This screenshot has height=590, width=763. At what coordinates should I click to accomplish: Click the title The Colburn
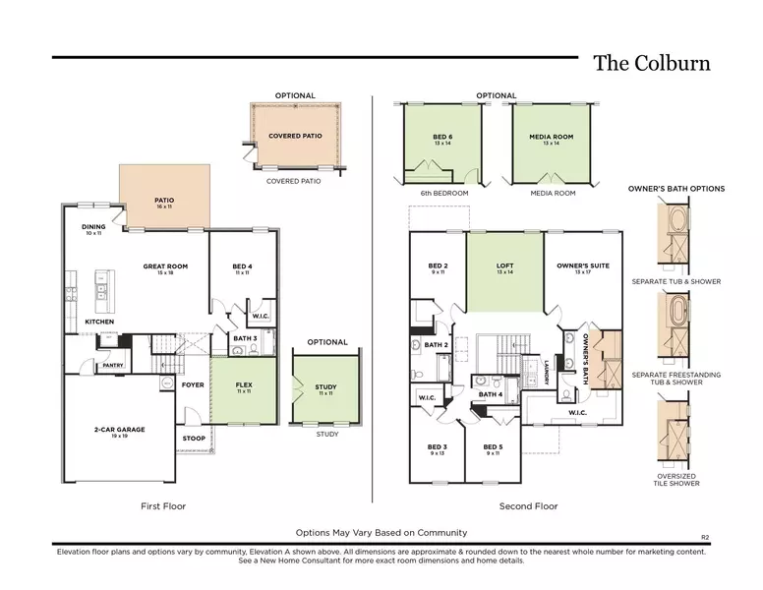[x=652, y=64]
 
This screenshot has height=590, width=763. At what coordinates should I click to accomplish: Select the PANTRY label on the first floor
[x=113, y=365]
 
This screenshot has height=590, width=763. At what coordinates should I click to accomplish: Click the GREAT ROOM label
[x=165, y=266]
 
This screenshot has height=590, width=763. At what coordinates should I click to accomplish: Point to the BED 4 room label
[x=242, y=266]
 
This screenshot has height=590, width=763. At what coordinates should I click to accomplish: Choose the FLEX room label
[x=243, y=385]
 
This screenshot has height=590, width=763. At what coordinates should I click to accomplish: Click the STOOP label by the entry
[x=194, y=439]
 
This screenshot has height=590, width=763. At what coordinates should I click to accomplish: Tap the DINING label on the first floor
[x=93, y=227]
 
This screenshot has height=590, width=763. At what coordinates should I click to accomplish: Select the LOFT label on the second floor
[x=504, y=265]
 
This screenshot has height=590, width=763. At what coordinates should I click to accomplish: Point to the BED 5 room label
[x=493, y=447]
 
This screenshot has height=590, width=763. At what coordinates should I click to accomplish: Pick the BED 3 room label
[x=438, y=447]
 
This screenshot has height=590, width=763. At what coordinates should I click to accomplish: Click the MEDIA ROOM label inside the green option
[x=551, y=138]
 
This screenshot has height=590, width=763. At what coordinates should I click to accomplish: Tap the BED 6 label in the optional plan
[x=442, y=138]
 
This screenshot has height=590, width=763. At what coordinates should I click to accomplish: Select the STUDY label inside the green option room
[x=325, y=387]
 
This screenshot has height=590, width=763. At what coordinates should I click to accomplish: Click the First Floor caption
[x=164, y=506]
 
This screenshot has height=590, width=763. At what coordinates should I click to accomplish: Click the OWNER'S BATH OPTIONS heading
[x=676, y=189]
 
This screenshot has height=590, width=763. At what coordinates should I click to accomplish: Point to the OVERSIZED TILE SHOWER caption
[x=676, y=480]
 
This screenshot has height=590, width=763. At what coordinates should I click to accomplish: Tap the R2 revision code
[x=705, y=537]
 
